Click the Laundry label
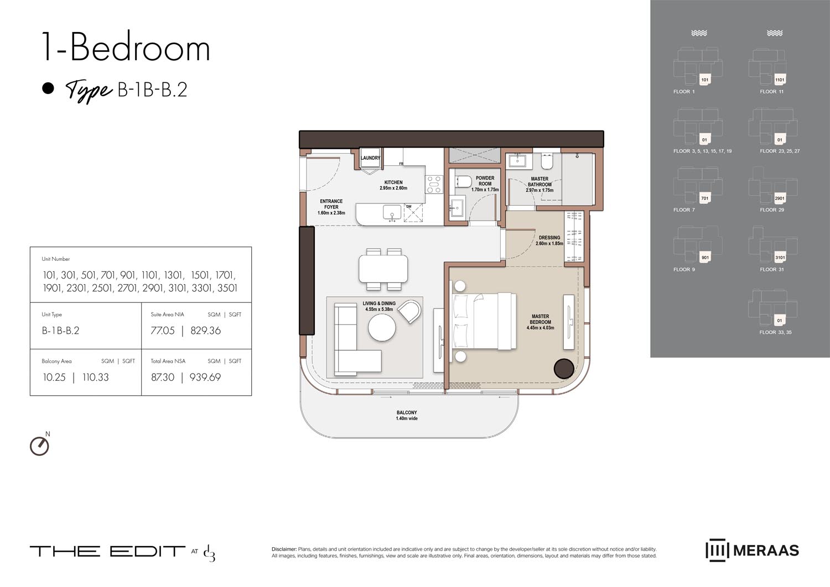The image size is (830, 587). pos(370,158)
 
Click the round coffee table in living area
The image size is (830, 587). pos(382,328)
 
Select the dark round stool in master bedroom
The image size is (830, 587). pos(564,369)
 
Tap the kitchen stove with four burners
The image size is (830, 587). pos(433,184)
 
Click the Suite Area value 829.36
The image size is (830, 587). pos(205,331)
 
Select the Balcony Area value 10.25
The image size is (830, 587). pos(54,378)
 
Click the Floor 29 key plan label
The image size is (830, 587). pos(772,210)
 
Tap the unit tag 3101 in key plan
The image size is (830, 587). pos(780,258)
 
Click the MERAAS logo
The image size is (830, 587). pos(752,551)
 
